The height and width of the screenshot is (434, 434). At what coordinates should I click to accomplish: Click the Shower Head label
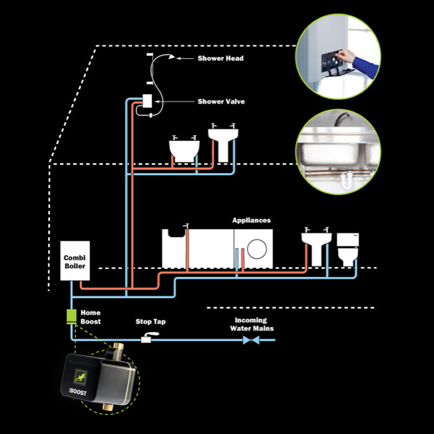220,58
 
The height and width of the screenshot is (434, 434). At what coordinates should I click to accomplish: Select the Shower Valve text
221,101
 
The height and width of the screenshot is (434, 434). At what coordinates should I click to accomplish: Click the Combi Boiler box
74,261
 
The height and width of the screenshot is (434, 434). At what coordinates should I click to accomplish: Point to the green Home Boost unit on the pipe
71,316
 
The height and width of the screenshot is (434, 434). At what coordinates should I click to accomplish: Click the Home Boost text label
91,317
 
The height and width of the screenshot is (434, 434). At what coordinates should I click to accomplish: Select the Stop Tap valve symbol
148,340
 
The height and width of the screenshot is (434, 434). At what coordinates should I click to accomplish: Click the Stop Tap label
150,322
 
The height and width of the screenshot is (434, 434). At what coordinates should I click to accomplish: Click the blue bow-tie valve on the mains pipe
251,341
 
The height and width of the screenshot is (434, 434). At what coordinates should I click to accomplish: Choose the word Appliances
251,220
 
